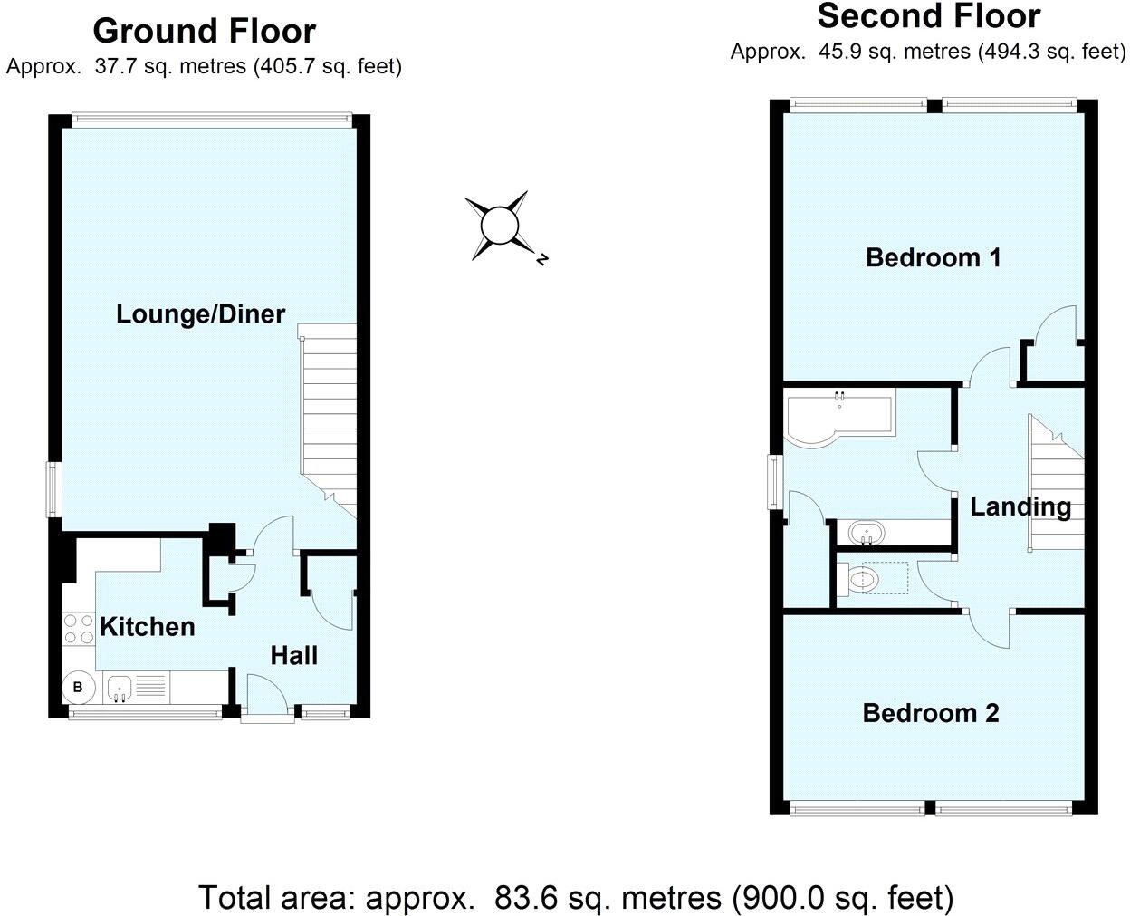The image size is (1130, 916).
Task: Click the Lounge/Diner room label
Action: [200, 314]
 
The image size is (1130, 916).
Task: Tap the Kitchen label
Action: [147, 626]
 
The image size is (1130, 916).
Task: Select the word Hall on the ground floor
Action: [294, 655]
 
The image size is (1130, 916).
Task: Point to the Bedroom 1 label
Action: [933, 257]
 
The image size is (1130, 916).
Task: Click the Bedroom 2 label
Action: [930, 713]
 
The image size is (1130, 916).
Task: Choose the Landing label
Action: [1020, 506]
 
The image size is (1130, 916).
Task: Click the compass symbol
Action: [498, 226]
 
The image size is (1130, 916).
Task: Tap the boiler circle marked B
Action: [78, 688]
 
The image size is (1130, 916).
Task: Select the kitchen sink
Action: [120, 688]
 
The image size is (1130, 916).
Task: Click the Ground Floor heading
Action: [204, 31]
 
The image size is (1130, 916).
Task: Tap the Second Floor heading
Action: [928, 16]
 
